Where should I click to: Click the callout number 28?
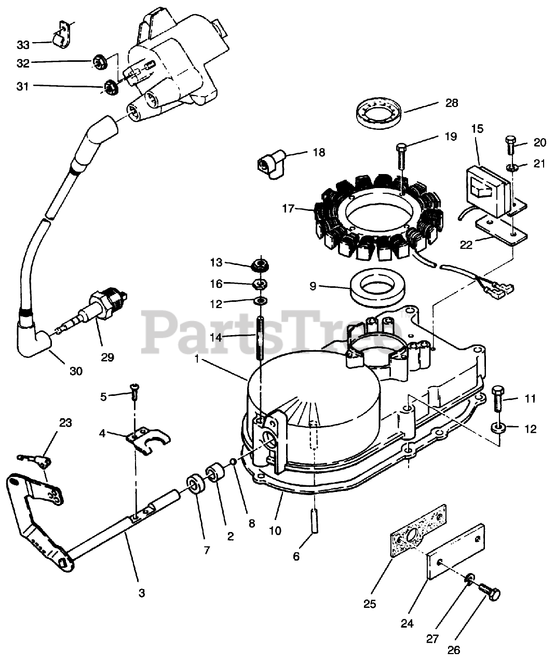[x=452, y=103]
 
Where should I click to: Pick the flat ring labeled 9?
[x=377, y=289]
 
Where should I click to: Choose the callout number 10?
[x=275, y=530]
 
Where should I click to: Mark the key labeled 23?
[x=33, y=458]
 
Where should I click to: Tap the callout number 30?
[x=76, y=371]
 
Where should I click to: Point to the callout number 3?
[x=141, y=592]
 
